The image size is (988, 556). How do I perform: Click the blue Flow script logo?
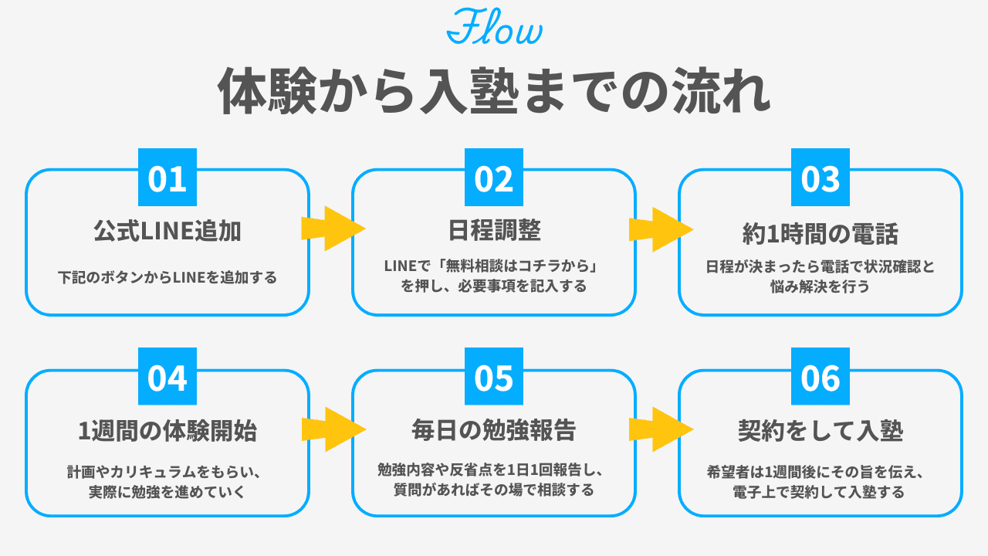click(494, 28)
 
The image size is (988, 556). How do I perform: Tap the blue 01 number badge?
click(167, 178)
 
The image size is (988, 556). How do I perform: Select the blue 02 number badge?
click(494, 178)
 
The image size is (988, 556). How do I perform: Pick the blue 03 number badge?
click(821, 178)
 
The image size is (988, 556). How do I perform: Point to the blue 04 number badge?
click(167, 377)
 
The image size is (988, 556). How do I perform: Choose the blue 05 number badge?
click(494, 377)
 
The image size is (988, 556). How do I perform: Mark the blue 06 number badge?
click(821, 377)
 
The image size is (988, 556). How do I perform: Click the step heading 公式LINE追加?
click(167, 230)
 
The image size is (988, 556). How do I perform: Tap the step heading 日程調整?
click(494, 230)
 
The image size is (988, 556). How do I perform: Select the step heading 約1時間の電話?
click(821, 232)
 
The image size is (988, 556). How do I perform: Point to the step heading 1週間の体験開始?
click(167, 431)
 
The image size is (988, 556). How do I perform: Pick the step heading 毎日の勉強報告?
click(494, 430)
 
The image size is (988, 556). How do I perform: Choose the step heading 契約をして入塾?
click(821, 431)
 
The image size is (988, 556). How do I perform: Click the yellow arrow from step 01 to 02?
click(332, 228)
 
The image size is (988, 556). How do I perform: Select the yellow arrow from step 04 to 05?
click(332, 429)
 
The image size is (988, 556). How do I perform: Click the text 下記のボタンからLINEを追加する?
click(167, 276)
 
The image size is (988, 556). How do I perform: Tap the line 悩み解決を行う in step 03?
click(821, 286)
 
